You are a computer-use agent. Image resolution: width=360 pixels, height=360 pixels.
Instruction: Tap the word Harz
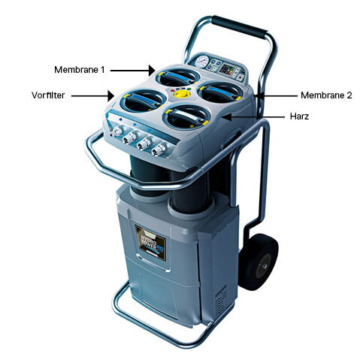tap(299, 118)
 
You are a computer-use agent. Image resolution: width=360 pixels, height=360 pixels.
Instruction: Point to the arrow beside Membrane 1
tap(136, 69)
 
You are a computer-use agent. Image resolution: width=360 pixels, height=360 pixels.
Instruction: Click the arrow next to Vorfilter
tap(95, 96)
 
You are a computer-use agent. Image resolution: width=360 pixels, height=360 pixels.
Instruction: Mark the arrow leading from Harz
tap(256, 118)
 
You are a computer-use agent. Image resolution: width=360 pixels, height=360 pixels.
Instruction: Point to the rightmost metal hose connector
tap(158, 150)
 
